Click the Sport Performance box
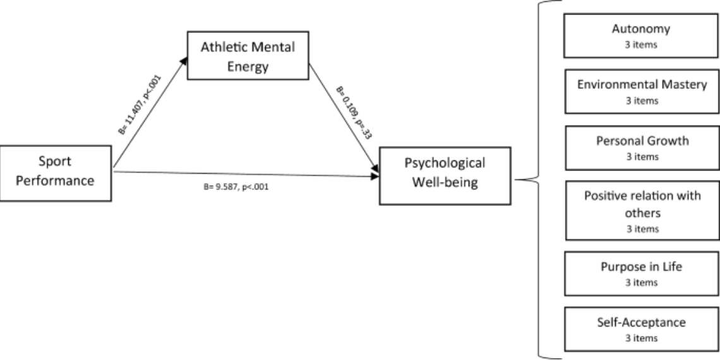pos(56,173)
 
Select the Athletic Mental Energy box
pos(248,56)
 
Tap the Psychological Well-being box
pos(445,176)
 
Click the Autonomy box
pos(640,35)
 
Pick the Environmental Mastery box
pos(642,92)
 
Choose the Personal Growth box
pos(642,148)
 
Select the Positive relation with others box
pos(642,210)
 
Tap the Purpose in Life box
pos(642,273)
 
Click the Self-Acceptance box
pos(642,329)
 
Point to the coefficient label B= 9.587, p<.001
pos(236,187)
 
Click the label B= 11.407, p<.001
pos(140,104)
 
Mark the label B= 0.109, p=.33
pos(354,112)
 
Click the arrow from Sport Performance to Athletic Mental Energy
pos(150,112)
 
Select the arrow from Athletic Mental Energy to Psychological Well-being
pos(344,118)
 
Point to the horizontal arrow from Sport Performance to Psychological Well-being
pos(246,174)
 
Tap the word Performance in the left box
pos(55,181)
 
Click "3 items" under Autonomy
pos(641,45)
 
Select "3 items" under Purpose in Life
pos(641,282)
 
